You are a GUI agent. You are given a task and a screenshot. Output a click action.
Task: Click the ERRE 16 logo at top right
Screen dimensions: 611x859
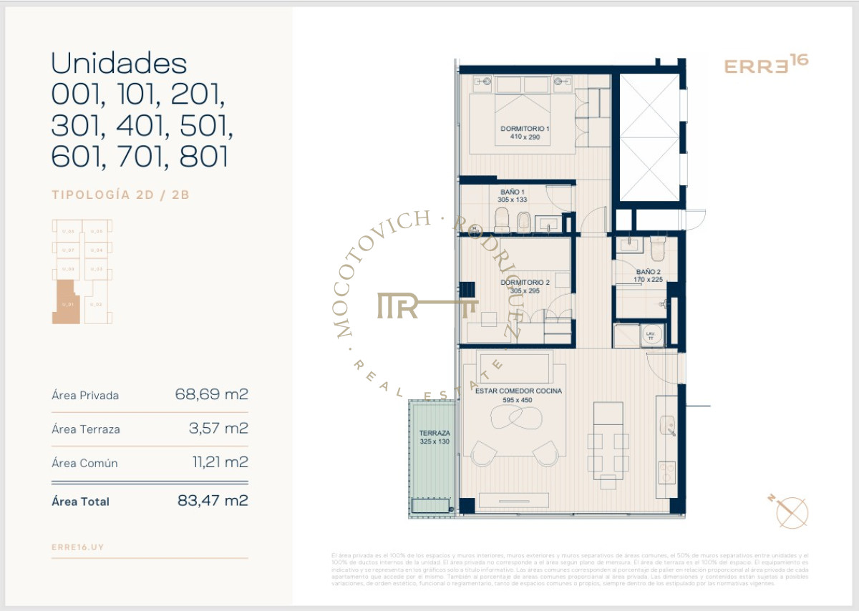click(766, 65)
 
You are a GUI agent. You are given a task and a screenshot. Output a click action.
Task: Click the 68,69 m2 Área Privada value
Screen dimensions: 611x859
click(211, 394)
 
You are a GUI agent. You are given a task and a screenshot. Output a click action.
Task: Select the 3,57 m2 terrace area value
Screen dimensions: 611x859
click(217, 429)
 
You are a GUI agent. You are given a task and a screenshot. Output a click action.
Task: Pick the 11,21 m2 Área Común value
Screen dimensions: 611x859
click(220, 462)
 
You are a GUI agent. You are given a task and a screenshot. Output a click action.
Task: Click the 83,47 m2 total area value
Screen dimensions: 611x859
click(213, 501)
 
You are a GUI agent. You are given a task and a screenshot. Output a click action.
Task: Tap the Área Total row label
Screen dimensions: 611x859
click(81, 502)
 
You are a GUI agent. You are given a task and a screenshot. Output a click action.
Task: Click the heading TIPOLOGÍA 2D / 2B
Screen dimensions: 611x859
click(120, 194)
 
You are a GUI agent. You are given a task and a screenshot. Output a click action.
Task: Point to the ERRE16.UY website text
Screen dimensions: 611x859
click(78, 547)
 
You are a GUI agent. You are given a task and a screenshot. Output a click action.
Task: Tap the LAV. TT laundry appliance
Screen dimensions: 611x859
click(651, 336)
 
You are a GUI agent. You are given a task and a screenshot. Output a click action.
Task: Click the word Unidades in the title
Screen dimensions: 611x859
click(119, 64)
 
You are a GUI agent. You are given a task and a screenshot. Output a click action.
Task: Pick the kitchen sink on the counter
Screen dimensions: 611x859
click(668, 426)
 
